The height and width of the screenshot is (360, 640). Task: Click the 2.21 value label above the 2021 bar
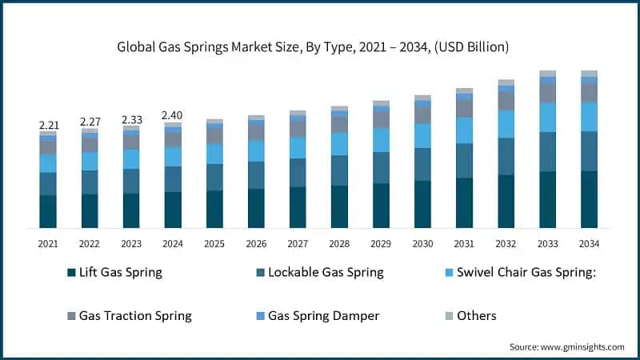[48, 125]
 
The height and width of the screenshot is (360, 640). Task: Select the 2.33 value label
[131, 119]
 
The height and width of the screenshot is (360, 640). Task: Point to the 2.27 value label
[90, 122]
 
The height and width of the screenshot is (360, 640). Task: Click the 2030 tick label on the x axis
[422, 243]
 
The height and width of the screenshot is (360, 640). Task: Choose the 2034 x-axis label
[589, 243]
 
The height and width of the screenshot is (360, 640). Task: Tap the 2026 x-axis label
[256, 243]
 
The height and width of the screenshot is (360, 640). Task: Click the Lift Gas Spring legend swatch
[72, 273]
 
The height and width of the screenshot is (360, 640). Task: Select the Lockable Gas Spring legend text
[326, 272]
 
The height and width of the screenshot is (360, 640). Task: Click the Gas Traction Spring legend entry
[134, 315]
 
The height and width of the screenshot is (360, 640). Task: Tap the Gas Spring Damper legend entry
[323, 315]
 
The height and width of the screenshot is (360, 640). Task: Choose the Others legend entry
[476, 315]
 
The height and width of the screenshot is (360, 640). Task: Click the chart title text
[320, 47]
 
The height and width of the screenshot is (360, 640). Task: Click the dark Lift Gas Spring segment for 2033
[547, 199]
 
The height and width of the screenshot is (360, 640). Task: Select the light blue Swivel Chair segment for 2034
[589, 117]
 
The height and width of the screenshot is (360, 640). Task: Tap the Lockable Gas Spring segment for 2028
[339, 170]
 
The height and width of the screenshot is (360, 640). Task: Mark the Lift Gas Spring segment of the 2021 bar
[48, 211]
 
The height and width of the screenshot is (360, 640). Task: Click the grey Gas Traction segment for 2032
[506, 101]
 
